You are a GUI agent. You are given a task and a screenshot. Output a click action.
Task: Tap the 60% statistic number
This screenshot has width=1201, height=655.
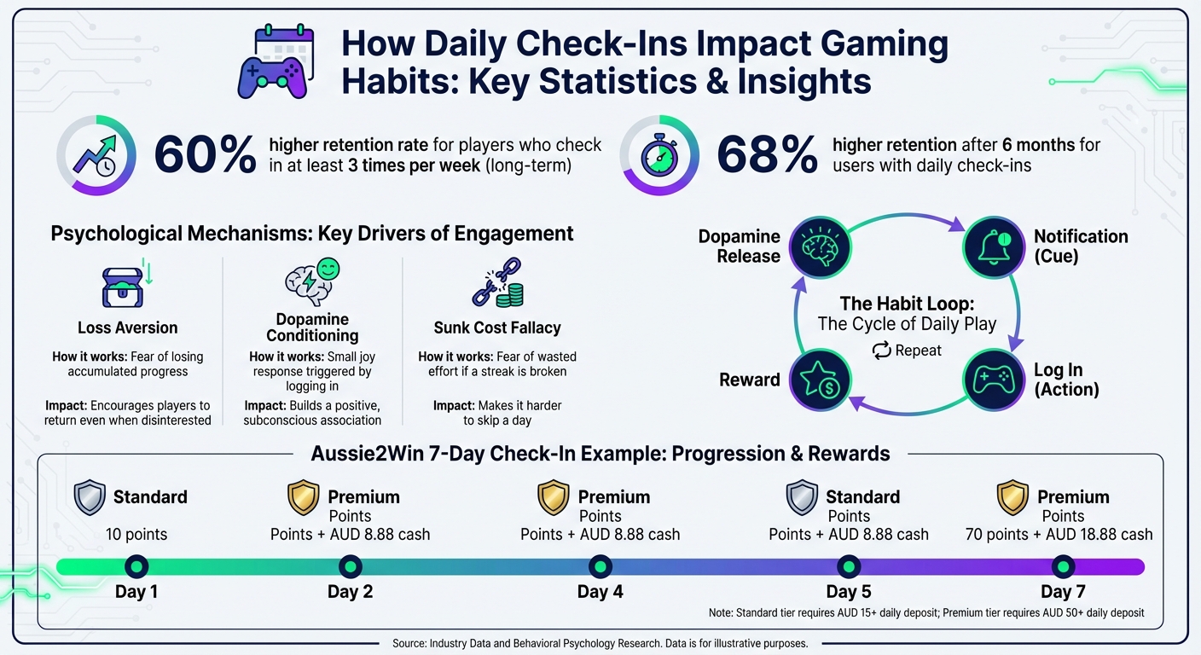click(x=205, y=155)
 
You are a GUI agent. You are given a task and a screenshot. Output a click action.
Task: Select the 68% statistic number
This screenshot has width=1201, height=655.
click(x=767, y=155)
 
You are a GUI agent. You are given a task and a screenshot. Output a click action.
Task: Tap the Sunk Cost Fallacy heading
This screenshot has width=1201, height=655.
click(x=496, y=328)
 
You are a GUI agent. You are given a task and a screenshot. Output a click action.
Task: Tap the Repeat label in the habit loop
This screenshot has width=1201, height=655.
click(x=907, y=351)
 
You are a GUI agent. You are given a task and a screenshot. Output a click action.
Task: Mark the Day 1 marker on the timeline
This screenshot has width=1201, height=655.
click(x=136, y=566)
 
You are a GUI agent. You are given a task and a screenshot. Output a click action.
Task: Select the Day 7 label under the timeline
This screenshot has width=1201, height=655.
click(x=1062, y=592)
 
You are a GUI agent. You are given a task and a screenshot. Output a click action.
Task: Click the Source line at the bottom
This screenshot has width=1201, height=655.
click(x=600, y=643)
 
